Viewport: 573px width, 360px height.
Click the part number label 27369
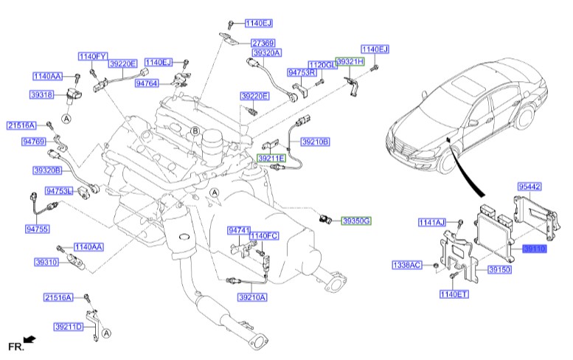(263, 44)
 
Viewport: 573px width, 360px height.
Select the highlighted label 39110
(535, 249)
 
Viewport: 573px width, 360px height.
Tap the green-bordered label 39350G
(355, 221)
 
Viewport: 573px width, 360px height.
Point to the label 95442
(530, 187)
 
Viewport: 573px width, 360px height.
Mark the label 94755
(36, 229)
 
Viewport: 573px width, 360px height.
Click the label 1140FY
(94, 55)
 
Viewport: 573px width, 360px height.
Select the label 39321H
(350, 62)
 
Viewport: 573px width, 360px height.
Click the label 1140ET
(454, 294)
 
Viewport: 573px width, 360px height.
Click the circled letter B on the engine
(195, 131)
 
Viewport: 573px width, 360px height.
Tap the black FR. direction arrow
(29, 339)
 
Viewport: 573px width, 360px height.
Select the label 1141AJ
(432, 222)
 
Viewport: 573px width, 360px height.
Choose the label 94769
(33, 140)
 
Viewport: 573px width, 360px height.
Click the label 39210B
(315, 141)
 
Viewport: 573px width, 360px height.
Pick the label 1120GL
(322, 65)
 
